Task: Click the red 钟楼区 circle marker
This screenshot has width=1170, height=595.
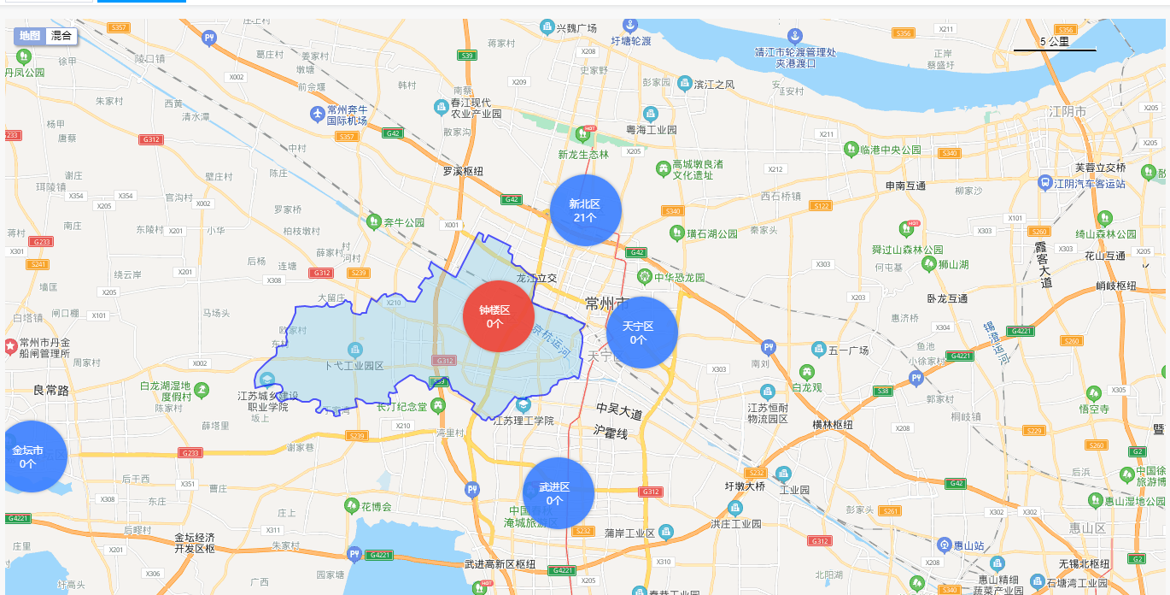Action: pos(498,316)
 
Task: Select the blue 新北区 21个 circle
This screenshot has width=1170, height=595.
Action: pos(586,210)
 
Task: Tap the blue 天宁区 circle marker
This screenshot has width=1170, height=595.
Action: pos(641,333)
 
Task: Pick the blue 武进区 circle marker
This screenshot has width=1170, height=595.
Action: pos(559,493)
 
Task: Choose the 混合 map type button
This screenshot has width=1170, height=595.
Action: pos(61,36)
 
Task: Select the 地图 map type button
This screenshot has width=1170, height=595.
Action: pos(30,36)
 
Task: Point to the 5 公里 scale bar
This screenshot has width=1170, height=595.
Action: pos(1055,44)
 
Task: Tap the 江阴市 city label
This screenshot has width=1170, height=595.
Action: pos(1068,112)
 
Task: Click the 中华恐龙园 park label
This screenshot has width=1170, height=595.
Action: pos(680,277)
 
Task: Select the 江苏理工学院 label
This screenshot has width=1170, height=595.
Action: pos(524,421)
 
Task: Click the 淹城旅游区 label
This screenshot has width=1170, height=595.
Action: pos(531,521)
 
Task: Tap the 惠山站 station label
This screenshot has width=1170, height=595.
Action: pos(968,545)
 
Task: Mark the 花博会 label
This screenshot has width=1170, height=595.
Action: pos(375,506)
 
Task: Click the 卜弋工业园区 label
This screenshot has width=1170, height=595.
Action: pos(354,366)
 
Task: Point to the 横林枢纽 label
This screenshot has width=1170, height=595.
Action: pos(833,425)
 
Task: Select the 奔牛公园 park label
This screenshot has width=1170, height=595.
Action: pos(404,222)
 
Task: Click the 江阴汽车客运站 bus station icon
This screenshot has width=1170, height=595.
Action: pos(1045,183)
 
